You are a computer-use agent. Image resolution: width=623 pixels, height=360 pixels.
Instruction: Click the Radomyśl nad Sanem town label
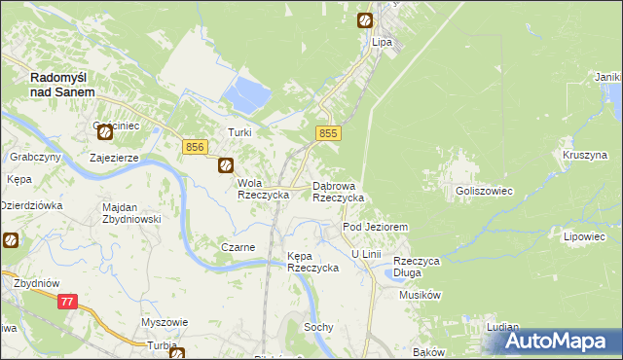[62, 84]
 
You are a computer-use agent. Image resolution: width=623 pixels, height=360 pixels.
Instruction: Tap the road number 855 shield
[328, 133]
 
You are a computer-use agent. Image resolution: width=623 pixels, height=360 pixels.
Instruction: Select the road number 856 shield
[194, 146]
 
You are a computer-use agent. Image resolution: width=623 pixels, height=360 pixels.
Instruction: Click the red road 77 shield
[66, 303]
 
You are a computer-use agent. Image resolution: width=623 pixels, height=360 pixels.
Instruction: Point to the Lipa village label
[382, 43]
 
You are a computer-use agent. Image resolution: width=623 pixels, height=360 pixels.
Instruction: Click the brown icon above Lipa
[364, 19]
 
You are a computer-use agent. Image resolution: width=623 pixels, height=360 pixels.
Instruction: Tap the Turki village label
[239, 133]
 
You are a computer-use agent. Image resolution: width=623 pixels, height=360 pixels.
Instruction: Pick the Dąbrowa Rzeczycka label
[338, 191]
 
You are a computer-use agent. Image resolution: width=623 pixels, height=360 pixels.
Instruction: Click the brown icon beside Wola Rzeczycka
[226, 166]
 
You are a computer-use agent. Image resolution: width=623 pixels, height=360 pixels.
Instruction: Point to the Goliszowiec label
[484, 192]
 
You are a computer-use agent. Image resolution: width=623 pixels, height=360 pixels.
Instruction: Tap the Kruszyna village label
[584, 155]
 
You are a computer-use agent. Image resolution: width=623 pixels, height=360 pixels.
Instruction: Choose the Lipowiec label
[584, 236]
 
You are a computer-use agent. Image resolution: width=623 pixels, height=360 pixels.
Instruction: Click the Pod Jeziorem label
[375, 227]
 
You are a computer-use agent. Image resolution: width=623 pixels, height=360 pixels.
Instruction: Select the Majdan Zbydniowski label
[131, 212]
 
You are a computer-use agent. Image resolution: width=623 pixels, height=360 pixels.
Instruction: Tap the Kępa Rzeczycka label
[311, 262]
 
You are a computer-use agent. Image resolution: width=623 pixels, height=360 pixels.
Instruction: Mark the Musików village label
[421, 295]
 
